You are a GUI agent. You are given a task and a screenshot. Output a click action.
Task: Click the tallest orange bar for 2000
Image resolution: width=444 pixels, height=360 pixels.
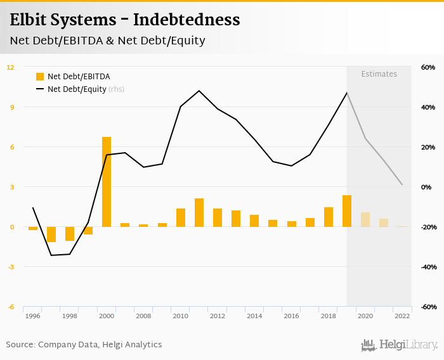(107, 182)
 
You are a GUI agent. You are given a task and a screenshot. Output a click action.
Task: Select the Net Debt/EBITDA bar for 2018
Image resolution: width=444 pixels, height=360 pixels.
(329, 217)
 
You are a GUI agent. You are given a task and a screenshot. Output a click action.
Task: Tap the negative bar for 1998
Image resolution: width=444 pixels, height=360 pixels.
(70, 234)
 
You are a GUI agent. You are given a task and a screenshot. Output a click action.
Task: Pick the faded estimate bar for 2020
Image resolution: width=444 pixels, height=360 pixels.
(365, 219)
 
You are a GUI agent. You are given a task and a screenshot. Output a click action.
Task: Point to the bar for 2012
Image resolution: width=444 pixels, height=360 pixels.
(218, 217)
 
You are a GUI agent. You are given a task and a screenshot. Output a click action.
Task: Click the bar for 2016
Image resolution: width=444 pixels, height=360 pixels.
(292, 224)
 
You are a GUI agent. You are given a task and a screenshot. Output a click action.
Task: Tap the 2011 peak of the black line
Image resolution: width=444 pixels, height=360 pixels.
(199, 91)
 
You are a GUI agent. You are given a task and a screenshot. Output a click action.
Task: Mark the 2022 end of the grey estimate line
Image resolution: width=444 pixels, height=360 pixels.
(402, 184)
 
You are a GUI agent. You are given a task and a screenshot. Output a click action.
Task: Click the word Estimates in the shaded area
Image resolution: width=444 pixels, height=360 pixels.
(379, 74)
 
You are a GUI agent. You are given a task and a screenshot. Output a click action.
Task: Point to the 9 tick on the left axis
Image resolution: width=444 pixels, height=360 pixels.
(11, 107)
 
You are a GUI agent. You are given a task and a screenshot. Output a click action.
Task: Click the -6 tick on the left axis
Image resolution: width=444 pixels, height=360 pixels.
(11, 307)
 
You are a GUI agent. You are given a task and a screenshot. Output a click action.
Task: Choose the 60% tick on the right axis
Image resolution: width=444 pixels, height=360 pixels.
(428, 67)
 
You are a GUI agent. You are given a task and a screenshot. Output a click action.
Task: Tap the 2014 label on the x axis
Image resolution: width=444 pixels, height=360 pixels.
(254, 316)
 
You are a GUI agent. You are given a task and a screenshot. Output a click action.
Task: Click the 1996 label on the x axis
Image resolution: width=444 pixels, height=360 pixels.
(33, 316)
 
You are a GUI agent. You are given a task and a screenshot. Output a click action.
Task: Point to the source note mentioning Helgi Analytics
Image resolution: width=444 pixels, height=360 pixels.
(84, 345)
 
